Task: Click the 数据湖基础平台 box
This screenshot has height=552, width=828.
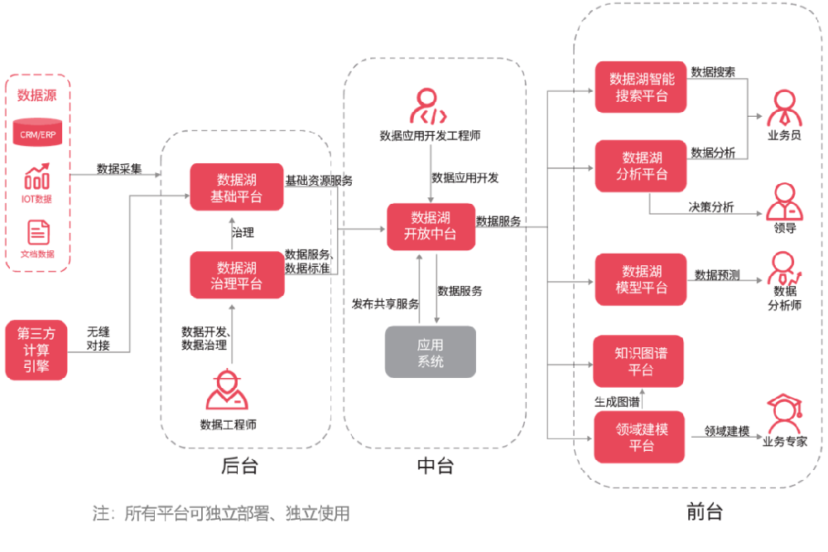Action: [237, 187]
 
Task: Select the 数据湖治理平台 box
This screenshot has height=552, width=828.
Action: [237, 275]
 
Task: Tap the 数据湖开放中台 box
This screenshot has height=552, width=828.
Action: [431, 226]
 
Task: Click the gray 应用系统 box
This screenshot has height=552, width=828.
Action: [431, 352]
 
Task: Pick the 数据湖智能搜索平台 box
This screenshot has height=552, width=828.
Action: [641, 87]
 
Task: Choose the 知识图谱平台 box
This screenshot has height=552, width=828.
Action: [639, 361]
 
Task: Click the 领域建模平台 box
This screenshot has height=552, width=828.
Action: [639, 438]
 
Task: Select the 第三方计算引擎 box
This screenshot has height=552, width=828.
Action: [36, 350]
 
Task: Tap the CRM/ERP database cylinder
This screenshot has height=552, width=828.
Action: [37, 132]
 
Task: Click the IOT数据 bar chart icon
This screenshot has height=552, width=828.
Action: [37, 177]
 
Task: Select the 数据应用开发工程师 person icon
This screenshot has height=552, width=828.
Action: [428, 106]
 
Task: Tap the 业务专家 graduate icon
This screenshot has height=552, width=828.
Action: [785, 414]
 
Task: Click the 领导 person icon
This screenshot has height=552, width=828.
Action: [785, 202]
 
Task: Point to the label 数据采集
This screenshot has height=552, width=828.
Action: [119, 169]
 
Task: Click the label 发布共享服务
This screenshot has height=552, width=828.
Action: [386, 304]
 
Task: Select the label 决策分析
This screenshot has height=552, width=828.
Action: [711, 206]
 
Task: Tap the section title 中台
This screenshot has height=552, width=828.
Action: [436, 466]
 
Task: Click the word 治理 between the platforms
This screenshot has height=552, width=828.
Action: [243, 233]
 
